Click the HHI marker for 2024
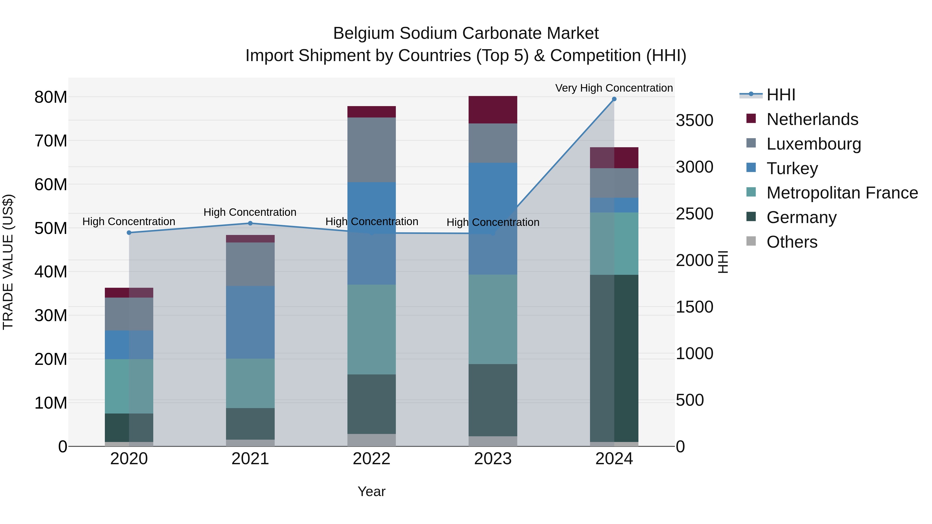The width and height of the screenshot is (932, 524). point(614,99)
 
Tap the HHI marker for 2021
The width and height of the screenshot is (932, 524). point(250,223)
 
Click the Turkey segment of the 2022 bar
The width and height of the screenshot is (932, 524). point(372,233)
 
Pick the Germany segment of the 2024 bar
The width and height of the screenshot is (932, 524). point(614,358)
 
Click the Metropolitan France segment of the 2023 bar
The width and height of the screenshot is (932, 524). point(493,319)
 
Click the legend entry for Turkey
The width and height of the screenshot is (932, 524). point(792,168)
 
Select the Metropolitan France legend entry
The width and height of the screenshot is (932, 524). point(842,193)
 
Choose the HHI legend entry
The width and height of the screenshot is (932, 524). point(780,95)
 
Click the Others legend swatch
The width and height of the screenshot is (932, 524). point(751,241)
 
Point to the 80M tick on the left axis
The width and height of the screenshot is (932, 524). point(51,97)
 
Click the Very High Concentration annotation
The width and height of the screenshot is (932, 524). point(614,88)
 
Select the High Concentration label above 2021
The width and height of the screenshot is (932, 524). point(250,212)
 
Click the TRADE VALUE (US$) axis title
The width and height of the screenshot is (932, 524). point(8,262)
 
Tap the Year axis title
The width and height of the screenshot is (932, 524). point(372,491)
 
